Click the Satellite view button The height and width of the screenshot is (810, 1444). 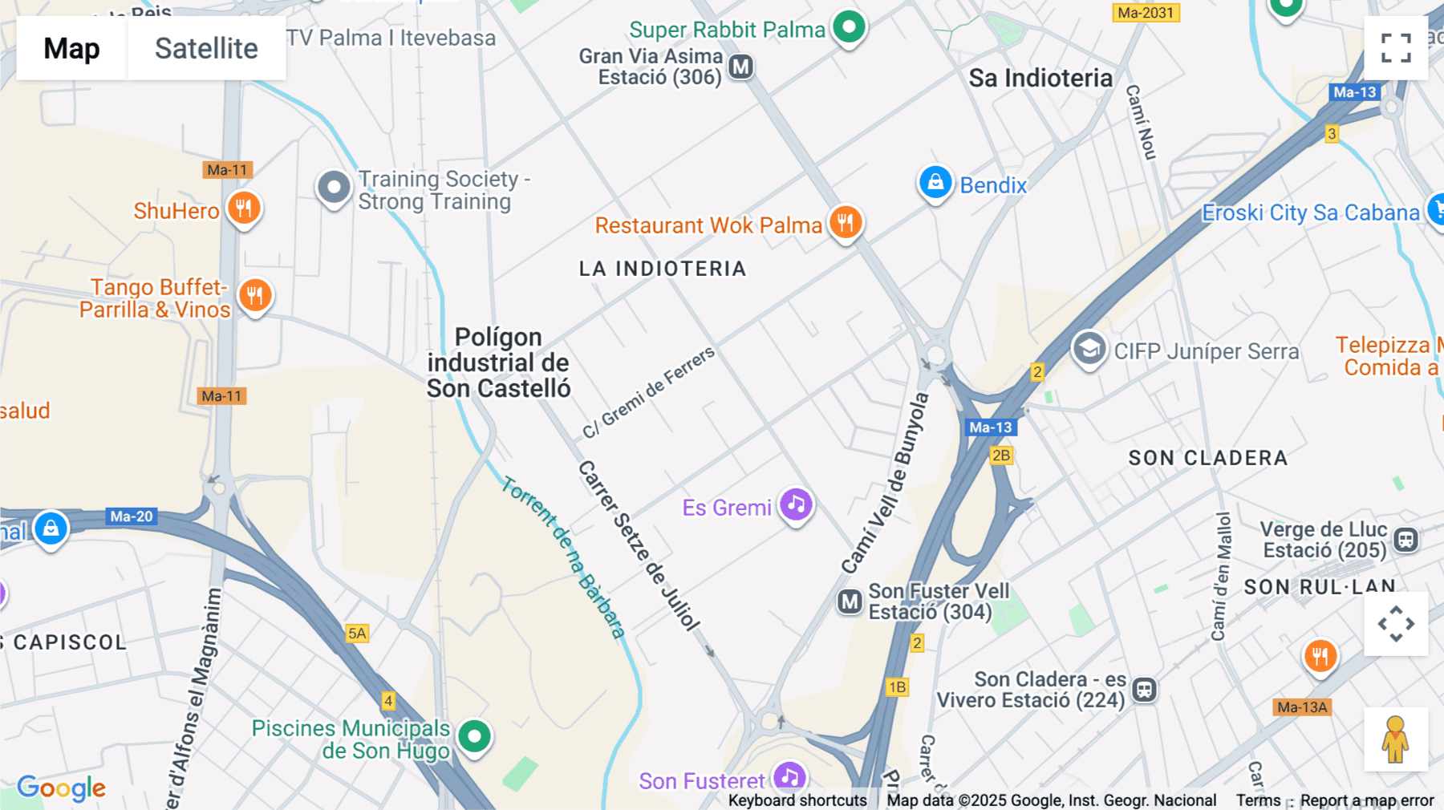tap(206, 48)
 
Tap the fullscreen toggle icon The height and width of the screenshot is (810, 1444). tap(1396, 48)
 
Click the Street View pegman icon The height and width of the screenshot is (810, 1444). tap(1396, 739)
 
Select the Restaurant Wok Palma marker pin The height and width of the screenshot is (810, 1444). tap(846, 222)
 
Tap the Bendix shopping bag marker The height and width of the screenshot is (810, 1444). tap(935, 184)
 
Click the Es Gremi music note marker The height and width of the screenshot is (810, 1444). tap(796, 505)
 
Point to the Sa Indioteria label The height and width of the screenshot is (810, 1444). tap(1040, 78)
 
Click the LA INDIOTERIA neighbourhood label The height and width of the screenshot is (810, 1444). tap(663, 269)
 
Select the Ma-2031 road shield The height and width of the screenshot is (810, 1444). tap(1146, 13)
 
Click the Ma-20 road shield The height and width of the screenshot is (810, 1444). tap(132, 516)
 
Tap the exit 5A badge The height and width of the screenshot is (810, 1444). tap(357, 634)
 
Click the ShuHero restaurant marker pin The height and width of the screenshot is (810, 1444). tap(244, 209)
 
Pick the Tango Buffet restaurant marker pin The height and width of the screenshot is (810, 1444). tap(254, 296)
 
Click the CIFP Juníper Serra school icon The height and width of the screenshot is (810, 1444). tap(1089, 349)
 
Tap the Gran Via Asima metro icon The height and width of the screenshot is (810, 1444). tap(741, 67)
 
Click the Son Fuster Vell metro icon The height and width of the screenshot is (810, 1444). tap(850, 601)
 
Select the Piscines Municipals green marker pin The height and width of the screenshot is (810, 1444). tap(474, 736)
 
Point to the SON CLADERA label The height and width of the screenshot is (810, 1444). tap(1207, 458)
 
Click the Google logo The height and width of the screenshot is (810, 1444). tap(61, 788)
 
